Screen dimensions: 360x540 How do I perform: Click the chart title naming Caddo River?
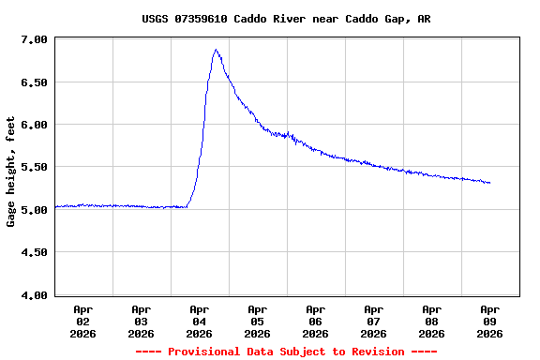[x=287, y=19]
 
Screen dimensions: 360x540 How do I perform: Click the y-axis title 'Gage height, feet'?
[x=11, y=172]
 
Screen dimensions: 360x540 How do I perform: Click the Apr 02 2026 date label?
[x=83, y=321]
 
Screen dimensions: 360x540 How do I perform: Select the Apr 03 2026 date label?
[x=142, y=321]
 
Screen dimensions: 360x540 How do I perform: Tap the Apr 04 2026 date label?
[x=200, y=321]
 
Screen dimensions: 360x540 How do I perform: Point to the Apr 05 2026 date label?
[x=258, y=321]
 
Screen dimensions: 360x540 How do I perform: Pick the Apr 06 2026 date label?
[x=316, y=321]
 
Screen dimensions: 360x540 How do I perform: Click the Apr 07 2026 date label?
[x=374, y=321]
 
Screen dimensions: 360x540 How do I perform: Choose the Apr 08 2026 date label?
[x=432, y=321]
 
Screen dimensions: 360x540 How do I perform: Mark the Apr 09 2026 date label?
[x=490, y=321]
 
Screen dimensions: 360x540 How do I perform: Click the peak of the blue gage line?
[x=216, y=50]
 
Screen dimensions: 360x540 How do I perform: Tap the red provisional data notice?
[x=287, y=352]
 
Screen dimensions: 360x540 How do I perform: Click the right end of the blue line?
[x=489, y=183]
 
